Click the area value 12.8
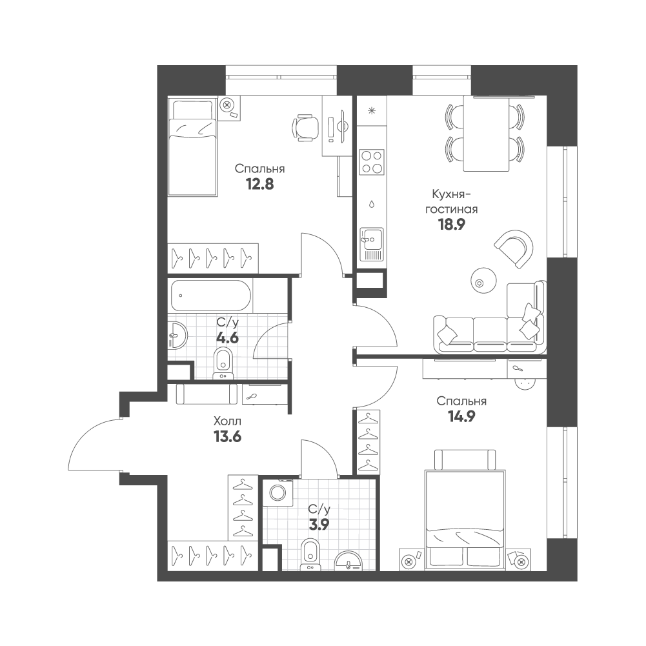[x=260, y=184]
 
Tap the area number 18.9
[x=451, y=225]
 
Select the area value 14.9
[x=461, y=416]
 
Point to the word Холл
[x=227, y=421]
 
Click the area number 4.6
[x=227, y=338]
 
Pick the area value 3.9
[x=319, y=525]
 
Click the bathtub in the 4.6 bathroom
[x=211, y=296]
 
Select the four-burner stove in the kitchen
[x=372, y=162]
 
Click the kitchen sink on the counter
[x=372, y=244]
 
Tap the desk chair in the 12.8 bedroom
[x=305, y=128]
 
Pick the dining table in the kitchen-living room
[x=486, y=134]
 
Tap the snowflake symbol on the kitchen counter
[x=372, y=110]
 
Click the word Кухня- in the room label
[x=451, y=194]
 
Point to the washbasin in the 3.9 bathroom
[x=348, y=561]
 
